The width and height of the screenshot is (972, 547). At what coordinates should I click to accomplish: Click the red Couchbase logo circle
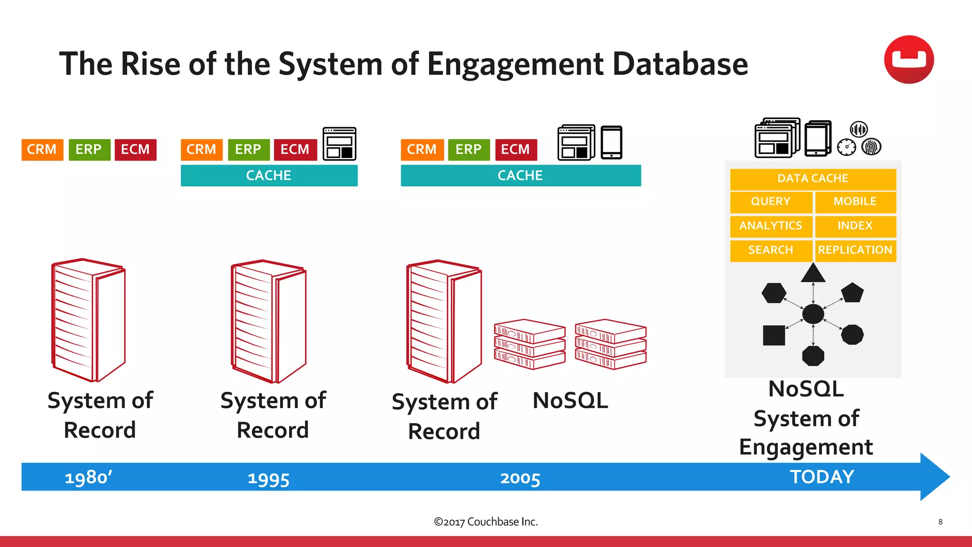tap(908, 60)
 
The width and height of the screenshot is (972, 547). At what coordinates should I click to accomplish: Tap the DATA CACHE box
tap(813, 179)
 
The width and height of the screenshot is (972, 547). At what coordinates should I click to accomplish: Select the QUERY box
tap(770, 202)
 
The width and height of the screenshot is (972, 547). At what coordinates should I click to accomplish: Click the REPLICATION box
tap(855, 250)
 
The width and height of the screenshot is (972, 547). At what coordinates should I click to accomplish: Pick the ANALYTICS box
tap(770, 226)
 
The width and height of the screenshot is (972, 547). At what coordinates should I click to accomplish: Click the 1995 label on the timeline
tap(268, 479)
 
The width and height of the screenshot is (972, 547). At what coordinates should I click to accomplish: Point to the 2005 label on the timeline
tap(520, 478)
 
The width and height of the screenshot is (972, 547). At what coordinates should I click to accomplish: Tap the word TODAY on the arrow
tap(822, 477)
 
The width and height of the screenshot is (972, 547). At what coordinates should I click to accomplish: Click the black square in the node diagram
tap(774, 335)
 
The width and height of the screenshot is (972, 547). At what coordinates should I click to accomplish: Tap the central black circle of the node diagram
tap(813, 314)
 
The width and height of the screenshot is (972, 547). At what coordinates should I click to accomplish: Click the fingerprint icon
tap(871, 147)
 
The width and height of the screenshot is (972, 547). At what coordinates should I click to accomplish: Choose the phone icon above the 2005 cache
tap(611, 142)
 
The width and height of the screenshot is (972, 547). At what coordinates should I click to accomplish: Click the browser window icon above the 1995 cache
tap(339, 144)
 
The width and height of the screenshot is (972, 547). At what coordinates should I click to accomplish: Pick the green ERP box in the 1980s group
tap(89, 150)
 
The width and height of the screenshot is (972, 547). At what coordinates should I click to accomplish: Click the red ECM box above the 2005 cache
tap(515, 150)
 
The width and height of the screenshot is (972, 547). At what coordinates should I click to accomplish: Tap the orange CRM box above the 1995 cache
tap(201, 150)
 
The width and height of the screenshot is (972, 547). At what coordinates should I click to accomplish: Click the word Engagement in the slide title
tap(515, 64)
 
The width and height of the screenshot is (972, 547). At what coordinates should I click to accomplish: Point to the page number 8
tap(940, 522)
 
